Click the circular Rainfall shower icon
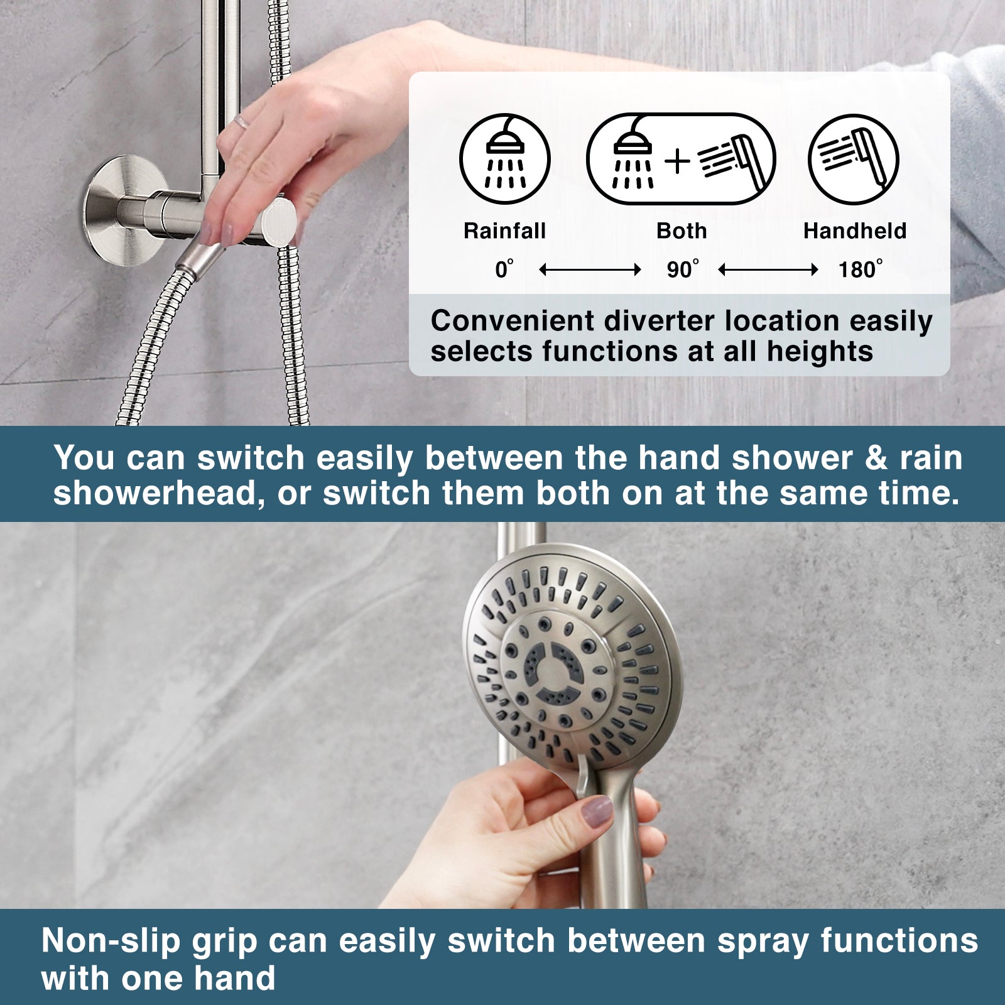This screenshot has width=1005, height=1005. click(505, 159)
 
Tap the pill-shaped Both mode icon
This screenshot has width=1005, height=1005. click(681, 159)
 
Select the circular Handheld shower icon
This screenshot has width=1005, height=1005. click(854, 159)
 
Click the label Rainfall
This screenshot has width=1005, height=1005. click(504, 231)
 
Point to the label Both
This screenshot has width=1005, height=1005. click(682, 231)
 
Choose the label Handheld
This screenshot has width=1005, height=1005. click(855, 231)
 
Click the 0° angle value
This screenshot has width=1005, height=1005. click(504, 269)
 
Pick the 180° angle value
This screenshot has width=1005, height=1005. click(860, 269)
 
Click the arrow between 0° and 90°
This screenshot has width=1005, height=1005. click(590, 270)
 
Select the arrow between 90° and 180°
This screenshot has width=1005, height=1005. click(768, 270)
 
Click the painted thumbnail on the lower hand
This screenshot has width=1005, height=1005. click(596, 812)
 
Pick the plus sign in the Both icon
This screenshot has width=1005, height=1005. click(677, 160)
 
